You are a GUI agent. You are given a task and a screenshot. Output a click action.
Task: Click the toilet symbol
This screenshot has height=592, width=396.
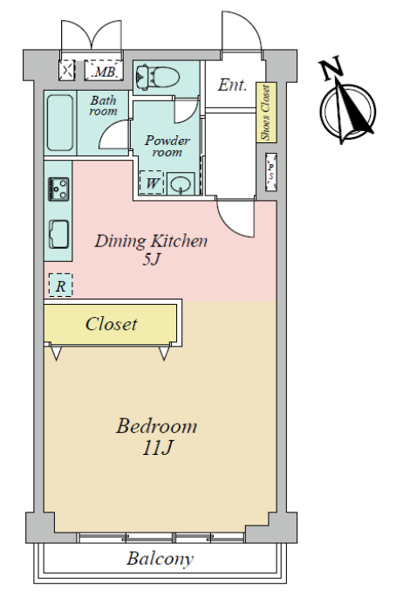(157, 78)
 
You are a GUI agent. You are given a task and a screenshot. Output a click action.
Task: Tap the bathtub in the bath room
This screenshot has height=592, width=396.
(60, 123)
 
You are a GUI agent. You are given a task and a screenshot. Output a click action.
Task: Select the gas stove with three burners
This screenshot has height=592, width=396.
(58, 189)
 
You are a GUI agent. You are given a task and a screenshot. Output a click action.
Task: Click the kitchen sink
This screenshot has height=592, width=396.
(59, 234)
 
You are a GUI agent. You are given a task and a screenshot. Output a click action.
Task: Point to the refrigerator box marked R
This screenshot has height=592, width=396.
(60, 285)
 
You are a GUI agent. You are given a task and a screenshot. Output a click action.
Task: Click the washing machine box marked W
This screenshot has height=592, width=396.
(152, 182)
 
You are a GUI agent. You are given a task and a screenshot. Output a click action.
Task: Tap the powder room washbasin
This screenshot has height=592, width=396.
(181, 184)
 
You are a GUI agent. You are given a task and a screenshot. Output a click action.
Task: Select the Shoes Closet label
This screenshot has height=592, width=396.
(266, 113)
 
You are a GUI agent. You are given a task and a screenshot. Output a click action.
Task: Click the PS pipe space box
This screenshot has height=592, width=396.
(271, 172)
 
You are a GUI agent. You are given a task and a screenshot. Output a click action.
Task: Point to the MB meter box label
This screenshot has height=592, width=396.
(104, 71)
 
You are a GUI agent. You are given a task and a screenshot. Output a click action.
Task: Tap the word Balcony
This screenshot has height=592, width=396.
(160, 559)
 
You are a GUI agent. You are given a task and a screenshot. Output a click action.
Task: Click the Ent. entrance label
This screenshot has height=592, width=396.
(232, 85)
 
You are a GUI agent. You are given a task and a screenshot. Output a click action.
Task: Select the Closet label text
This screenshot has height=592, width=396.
(111, 324)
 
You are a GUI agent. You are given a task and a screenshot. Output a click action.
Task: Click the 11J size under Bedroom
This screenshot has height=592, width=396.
(158, 448)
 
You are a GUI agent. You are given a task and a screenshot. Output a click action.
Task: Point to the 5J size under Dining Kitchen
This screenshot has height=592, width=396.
(152, 259)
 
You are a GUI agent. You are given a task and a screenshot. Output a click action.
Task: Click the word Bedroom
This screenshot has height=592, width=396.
(156, 426)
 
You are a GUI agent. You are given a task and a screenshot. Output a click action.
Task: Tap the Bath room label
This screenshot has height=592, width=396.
(103, 106)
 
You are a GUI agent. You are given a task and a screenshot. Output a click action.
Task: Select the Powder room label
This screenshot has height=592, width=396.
(167, 146)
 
